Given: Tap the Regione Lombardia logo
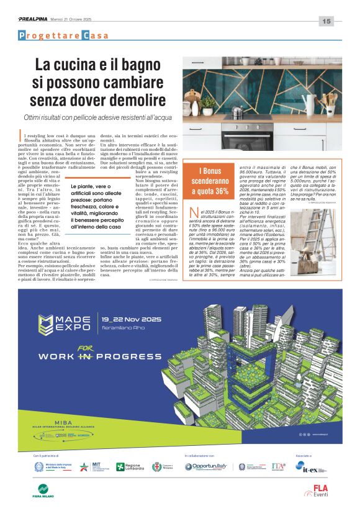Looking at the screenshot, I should [x=128, y=467].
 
